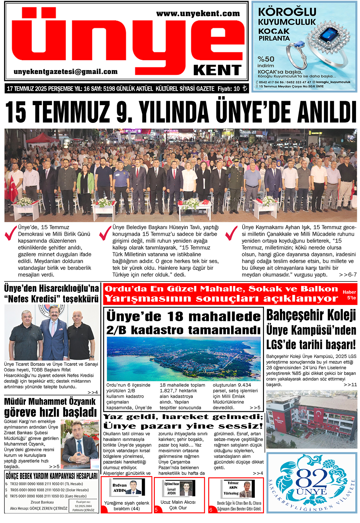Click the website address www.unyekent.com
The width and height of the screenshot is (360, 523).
[198, 13]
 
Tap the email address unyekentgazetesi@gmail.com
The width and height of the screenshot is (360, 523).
[66, 72]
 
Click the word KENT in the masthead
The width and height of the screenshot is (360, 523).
[217, 70]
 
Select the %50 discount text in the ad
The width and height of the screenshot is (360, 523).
[266, 59]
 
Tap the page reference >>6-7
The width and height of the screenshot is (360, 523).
[348, 275]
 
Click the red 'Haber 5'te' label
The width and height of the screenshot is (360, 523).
[349, 295]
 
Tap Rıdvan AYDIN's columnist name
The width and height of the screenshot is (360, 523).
[119, 488]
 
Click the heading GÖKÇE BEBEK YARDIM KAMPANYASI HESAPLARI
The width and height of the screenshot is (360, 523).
[52, 476]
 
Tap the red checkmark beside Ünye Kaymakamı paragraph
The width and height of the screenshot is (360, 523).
[231, 233]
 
